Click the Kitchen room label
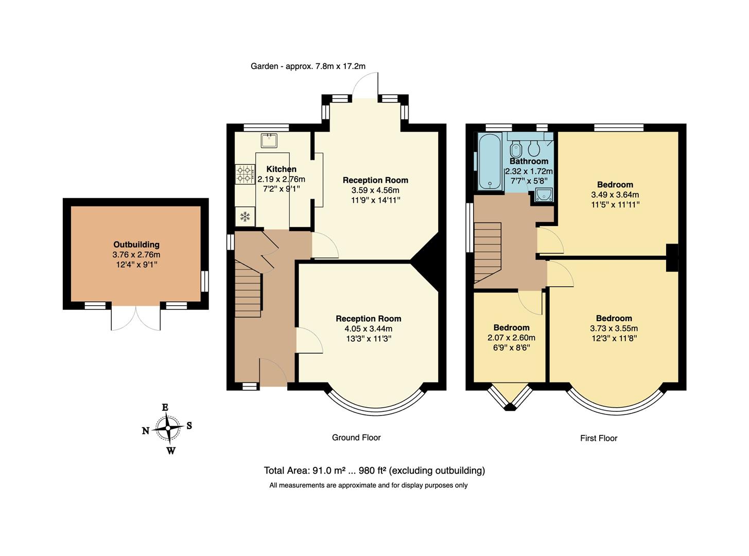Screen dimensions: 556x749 pos(281,169)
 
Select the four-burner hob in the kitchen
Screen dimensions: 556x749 pos(245,174)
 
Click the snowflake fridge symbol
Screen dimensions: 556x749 pos(245,217)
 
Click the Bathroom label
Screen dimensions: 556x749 pos(529,161)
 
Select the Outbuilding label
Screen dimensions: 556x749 pos(136,245)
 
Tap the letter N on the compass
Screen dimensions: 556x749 pos(146,431)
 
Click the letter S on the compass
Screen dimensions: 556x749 pos(189,426)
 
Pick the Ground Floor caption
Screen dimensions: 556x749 pos(356,438)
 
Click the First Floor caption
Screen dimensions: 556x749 pos(598,438)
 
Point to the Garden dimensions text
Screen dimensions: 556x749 pos(308,66)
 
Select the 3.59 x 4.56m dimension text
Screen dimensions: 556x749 pos(375,190)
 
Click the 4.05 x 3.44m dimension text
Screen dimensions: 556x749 pos(368,328)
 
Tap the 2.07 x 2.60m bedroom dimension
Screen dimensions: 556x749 pos(511,338)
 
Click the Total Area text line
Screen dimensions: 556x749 pos(374,471)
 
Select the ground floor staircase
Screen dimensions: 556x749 pos(248,288)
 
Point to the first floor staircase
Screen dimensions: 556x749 pos(487,252)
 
